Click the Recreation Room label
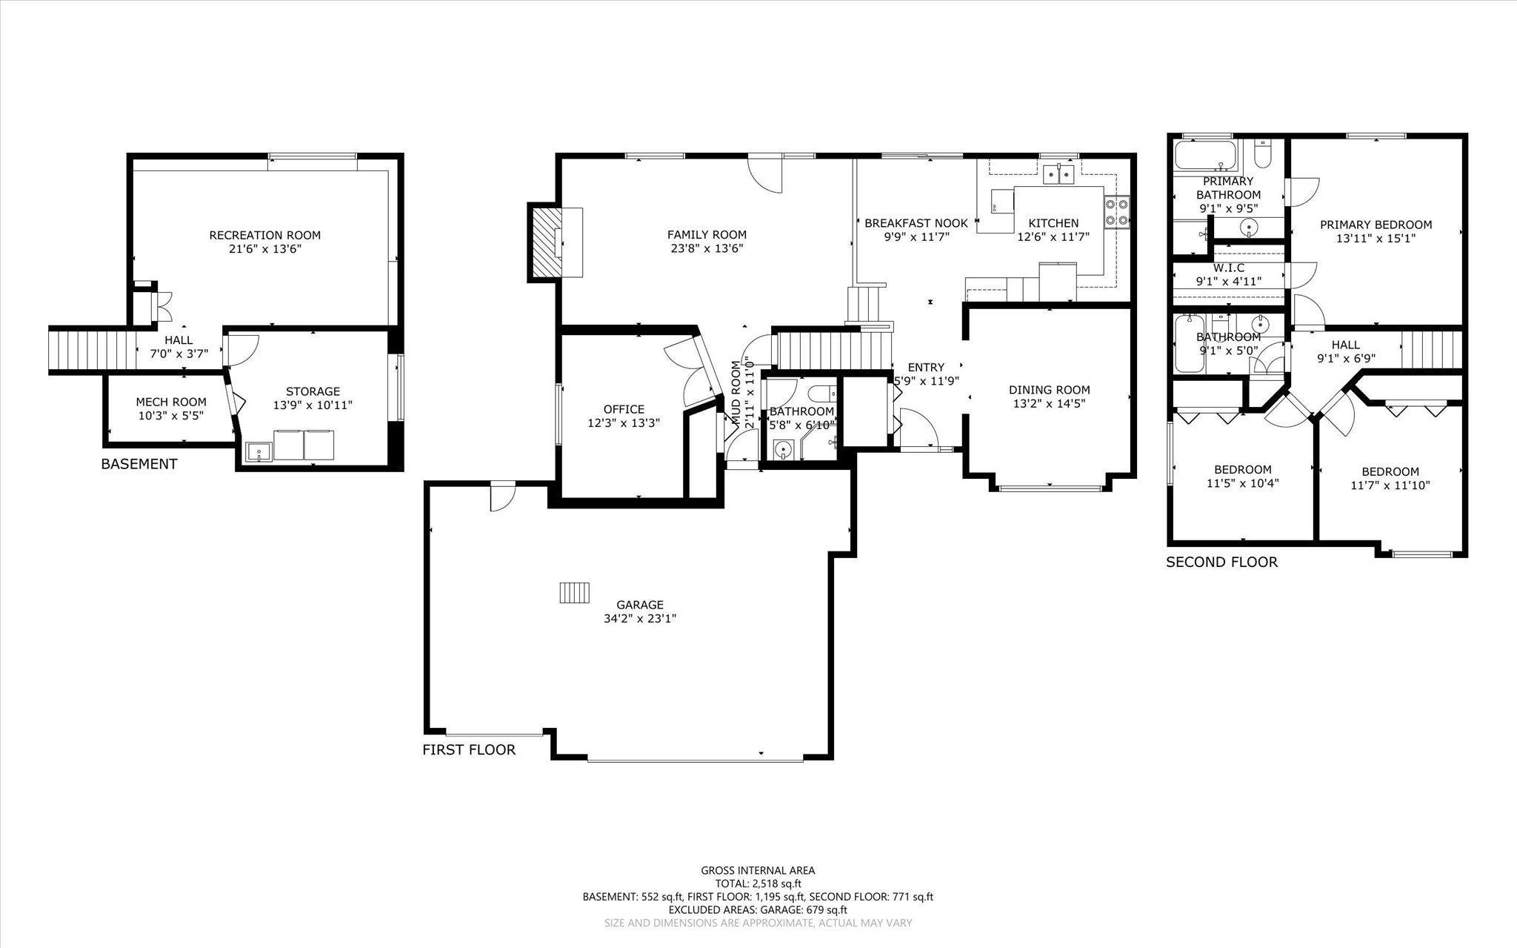point(265,235)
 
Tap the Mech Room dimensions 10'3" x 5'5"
point(171,416)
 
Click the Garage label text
point(640,604)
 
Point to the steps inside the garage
point(576,593)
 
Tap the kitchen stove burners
point(1116,211)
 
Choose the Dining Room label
point(1049,390)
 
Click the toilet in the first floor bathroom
point(821,392)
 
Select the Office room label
point(624,409)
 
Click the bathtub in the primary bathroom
point(1206,156)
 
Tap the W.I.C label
point(1228,268)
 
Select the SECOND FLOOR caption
point(1222,562)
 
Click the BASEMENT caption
point(139,464)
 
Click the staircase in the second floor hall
point(1433,349)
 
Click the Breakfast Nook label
point(916,223)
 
